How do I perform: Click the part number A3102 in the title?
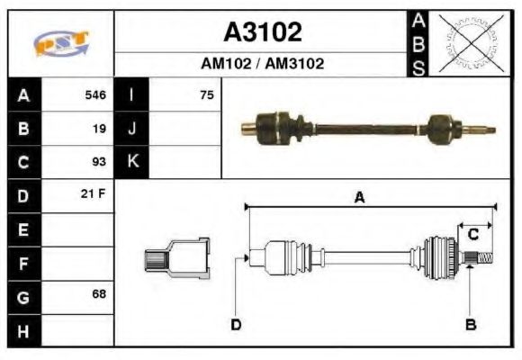(x=262, y=32)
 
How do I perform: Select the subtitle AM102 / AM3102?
(x=262, y=64)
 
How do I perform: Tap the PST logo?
(x=61, y=43)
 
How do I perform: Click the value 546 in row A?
(x=95, y=94)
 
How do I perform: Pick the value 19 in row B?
(x=99, y=128)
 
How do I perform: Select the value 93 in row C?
(x=99, y=162)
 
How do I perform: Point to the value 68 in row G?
(x=99, y=294)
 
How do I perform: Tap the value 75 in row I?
(x=207, y=94)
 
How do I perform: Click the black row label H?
(x=23, y=330)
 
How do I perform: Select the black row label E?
(x=23, y=229)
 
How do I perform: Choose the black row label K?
(x=132, y=162)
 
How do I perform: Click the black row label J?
(x=132, y=128)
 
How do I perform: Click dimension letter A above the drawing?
(x=359, y=199)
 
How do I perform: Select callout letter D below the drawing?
(x=236, y=324)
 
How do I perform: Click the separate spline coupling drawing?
(x=177, y=260)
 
